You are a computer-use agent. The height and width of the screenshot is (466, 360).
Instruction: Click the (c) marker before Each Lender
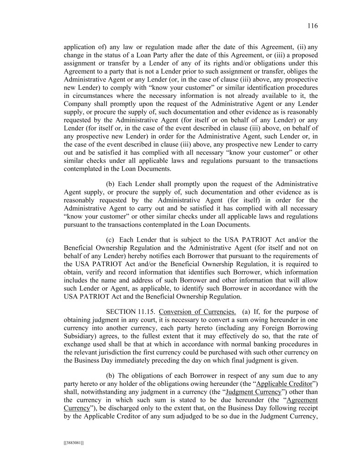click(x=110, y=239)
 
